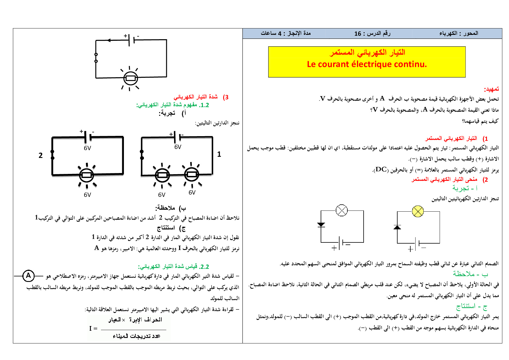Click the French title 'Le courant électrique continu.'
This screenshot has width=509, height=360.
click(367, 64)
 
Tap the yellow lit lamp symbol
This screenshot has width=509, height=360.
click(418, 211)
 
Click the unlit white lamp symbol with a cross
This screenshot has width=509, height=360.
click(342, 210)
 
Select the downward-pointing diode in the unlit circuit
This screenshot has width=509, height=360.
click(321, 224)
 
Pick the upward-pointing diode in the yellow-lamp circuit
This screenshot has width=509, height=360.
click(397, 227)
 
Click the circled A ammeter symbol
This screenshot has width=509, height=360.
click(28, 276)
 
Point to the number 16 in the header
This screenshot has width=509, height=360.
click(358, 34)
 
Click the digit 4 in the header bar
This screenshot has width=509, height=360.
click(280, 34)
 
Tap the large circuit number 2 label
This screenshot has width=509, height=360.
click(41, 156)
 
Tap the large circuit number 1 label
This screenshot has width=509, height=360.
click(219, 154)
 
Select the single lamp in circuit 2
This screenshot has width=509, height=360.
click(86, 175)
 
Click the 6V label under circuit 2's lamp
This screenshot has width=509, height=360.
click(87, 195)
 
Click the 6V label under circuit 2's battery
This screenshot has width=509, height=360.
click(87, 148)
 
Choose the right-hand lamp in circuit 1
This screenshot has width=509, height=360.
click(192, 174)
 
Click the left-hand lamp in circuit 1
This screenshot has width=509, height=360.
click(162, 175)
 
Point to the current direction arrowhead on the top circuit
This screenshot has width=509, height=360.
click(109, 40)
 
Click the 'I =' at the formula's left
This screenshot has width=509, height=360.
click(93, 328)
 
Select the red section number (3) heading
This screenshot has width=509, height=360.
click(225, 97)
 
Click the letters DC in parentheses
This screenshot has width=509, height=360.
click(381, 169)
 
